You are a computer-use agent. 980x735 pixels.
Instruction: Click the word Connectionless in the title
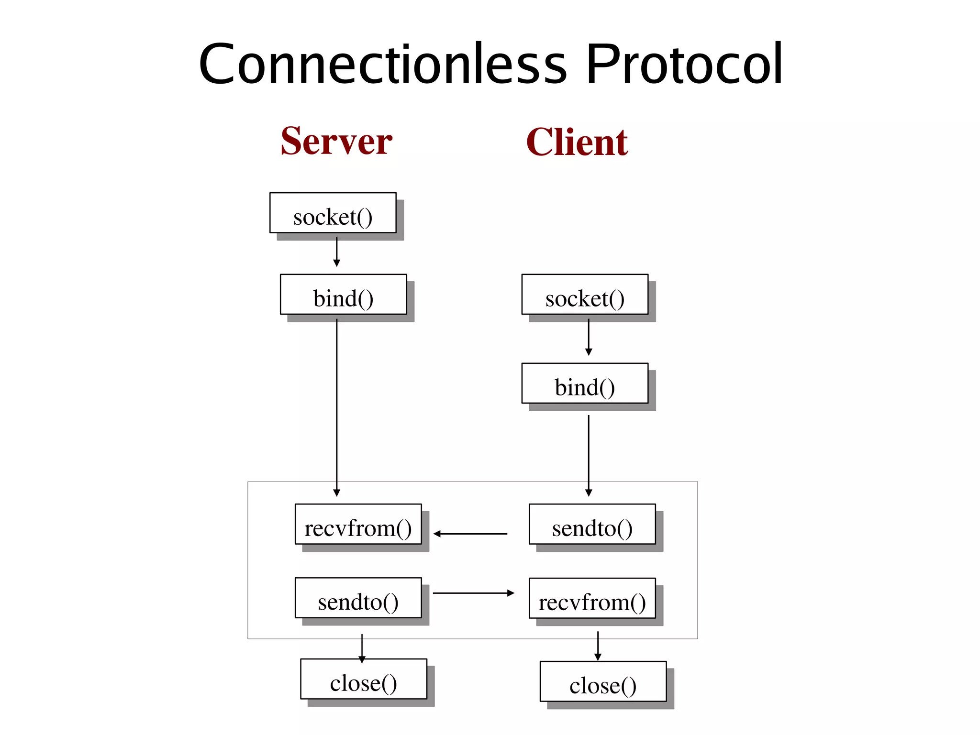pos(383,65)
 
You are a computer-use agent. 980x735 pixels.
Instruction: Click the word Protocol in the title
pos(684,65)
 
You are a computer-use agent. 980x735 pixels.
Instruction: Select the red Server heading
pos(336,142)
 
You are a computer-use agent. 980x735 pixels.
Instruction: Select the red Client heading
pos(577,143)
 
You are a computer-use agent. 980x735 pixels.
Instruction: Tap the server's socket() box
pos(333,213)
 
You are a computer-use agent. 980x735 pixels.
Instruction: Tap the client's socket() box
pos(585,295)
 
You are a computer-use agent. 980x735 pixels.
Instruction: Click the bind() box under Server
pos(343,295)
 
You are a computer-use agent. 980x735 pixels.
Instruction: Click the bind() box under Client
pos(585,384)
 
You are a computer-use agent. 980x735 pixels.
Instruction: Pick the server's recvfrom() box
pos(358,524)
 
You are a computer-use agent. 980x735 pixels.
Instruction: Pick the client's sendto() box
pos(592,524)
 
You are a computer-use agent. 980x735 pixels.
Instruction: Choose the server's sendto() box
pos(358,598)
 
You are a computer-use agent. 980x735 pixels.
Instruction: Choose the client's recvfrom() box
pos(592,598)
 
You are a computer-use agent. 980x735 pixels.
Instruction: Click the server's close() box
pos(364,679)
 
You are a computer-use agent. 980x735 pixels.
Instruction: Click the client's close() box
pos(603,681)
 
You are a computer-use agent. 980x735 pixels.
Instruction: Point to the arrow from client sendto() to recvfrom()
pos(470,534)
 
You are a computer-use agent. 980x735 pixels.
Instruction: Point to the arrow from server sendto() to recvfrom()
pos(473,593)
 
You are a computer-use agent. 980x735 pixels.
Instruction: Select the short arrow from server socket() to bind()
pos(336,252)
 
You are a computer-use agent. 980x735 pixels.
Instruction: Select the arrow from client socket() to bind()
pos(589,337)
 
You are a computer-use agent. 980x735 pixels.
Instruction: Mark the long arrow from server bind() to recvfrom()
pos(336,406)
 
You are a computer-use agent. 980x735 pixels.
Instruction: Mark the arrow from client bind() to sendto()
pos(589,454)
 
